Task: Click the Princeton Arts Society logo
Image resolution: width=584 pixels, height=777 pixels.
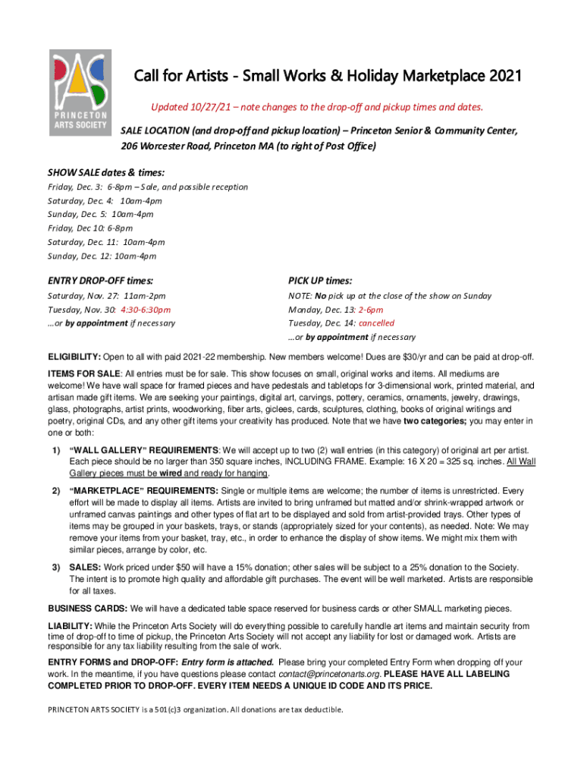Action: coord(80,93)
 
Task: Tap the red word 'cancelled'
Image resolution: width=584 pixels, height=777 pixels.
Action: coord(376,323)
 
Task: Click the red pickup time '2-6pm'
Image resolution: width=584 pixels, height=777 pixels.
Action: coord(370,310)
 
